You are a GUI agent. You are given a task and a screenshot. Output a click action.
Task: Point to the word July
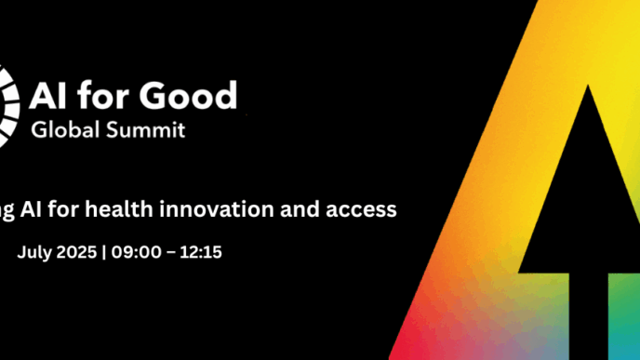click(34, 252)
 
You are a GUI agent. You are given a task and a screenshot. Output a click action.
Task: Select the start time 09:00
click(132, 252)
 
